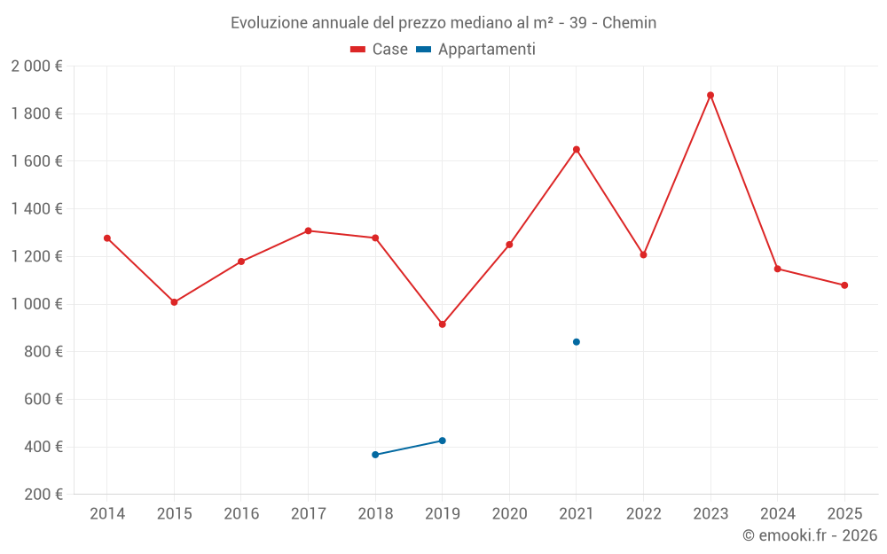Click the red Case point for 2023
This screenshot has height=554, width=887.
(x=710, y=95)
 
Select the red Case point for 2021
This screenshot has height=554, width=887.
(x=577, y=150)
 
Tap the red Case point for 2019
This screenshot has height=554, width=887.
(x=443, y=324)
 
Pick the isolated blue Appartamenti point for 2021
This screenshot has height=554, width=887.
(x=577, y=342)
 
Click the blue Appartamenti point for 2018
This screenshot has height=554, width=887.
(x=375, y=455)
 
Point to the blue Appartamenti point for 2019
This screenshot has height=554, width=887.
(x=443, y=441)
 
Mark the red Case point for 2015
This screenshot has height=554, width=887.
(x=174, y=302)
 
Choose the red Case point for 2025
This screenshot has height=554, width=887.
(x=844, y=285)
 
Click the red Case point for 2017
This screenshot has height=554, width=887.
(x=308, y=230)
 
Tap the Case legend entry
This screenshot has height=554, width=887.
(x=380, y=50)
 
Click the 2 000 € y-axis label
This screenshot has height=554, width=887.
(x=36, y=66)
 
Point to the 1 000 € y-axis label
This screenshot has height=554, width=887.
(x=36, y=304)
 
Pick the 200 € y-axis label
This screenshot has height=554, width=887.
(x=43, y=495)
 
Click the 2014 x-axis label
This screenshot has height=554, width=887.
(x=107, y=514)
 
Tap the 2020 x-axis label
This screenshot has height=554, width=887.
(x=509, y=514)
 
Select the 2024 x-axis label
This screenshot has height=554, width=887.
(x=777, y=514)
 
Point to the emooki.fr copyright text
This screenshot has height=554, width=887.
(x=810, y=535)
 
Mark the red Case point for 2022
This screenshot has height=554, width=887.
(x=643, y=254)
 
